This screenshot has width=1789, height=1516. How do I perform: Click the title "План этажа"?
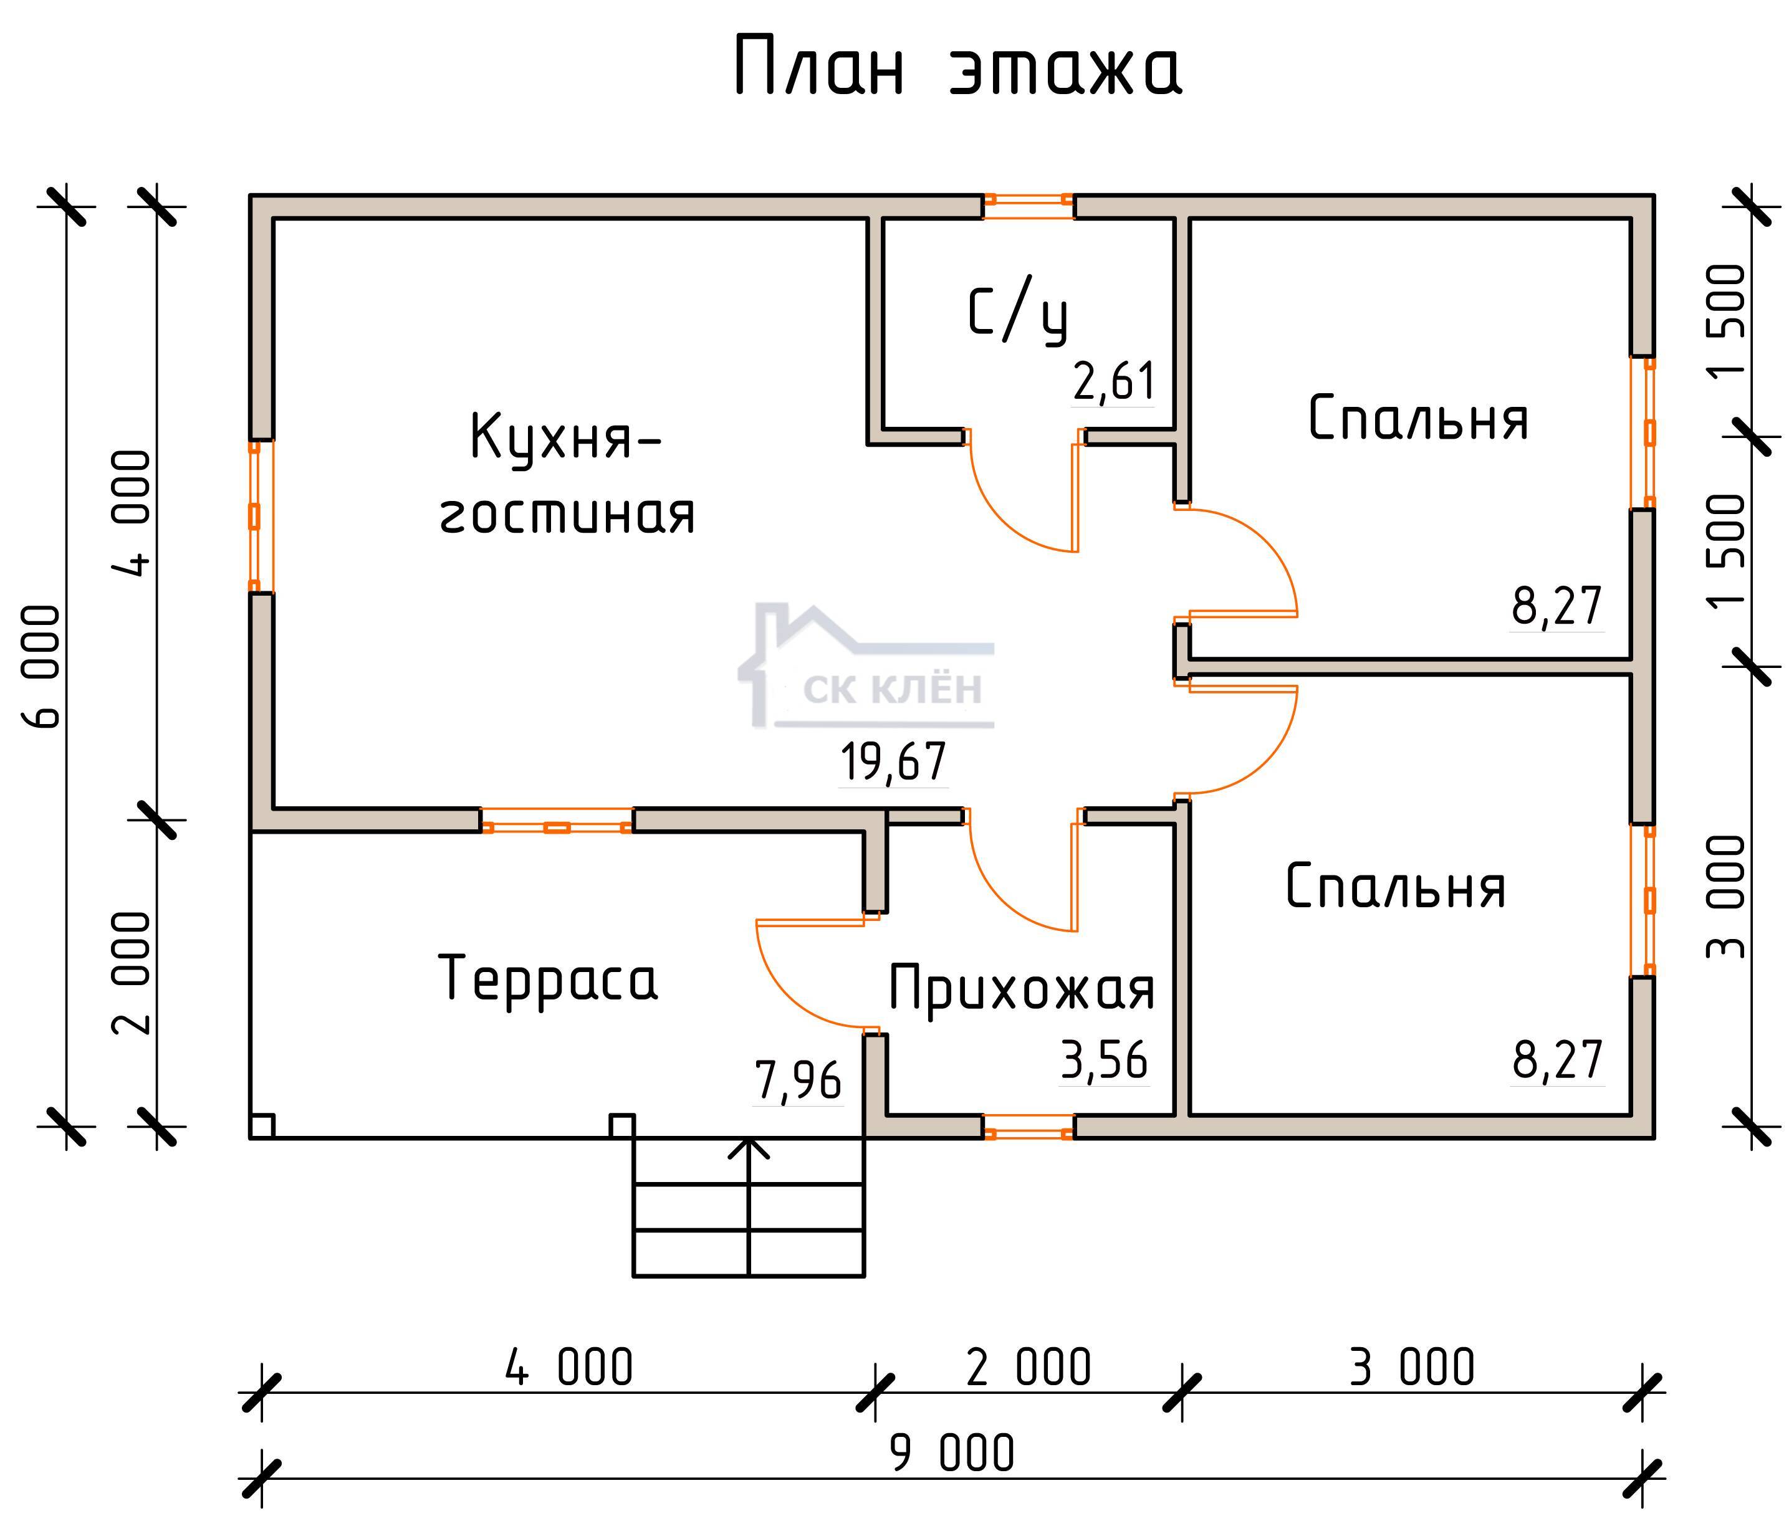coord(957,68)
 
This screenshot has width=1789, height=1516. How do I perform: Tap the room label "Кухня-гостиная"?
coord(567,474)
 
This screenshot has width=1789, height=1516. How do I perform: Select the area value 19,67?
coord(893,762)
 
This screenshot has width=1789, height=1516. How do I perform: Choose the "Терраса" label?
coord(548,978)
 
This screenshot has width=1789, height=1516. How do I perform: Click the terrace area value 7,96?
coord(797,1080)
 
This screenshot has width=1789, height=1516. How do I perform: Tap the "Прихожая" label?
coord(1020,988)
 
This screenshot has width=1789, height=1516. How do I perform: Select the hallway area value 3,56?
coord(1104,1061)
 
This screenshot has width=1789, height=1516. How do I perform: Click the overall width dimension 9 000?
coord(952,1453)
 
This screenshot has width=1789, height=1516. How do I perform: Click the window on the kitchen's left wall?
coord(254,517)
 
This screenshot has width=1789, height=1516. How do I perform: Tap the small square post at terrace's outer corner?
coord(262,1126)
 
